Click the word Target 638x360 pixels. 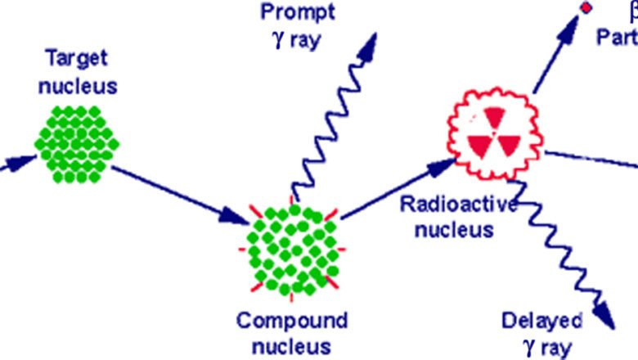tap(79, 60)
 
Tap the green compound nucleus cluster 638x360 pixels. tap(292, 250)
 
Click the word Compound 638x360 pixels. tap(292, 319)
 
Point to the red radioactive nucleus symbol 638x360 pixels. tap(493, 133)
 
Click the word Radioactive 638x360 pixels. tap(458, 205)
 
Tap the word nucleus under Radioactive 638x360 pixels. tap(455, 230)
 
